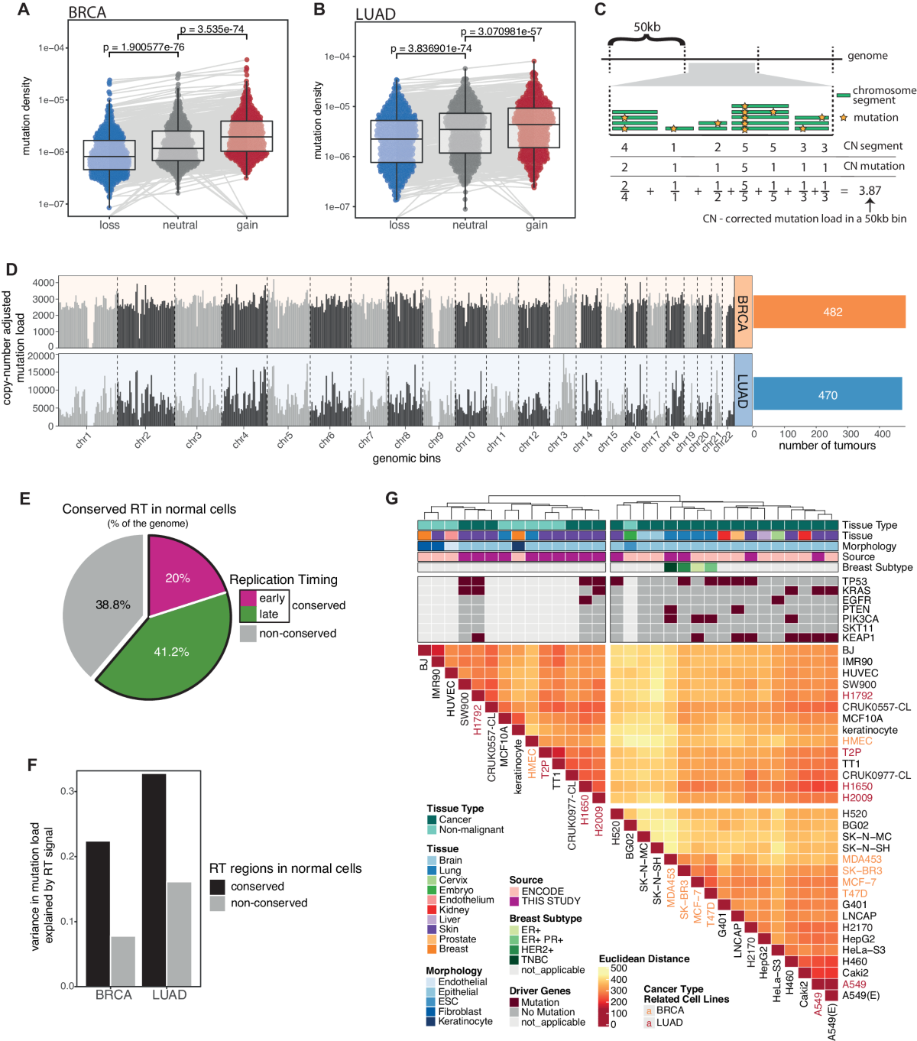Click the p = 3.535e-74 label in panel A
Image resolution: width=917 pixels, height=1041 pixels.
(x=212, y=30)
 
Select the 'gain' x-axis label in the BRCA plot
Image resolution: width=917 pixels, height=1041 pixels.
(x=247, y=225)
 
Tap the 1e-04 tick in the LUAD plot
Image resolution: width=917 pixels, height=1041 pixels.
(x=337, y=57)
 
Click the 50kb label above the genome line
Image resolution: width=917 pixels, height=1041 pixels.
(x=646, y=28)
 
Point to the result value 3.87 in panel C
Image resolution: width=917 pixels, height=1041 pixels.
(x=870, y=191)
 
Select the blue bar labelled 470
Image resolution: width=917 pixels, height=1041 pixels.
(x=828, y=395)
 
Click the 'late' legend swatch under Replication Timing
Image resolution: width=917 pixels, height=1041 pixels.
(x=248, y=614)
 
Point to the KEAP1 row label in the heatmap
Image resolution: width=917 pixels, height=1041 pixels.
(x=858, y=637)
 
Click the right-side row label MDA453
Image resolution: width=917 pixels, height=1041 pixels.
(x=862, y=859)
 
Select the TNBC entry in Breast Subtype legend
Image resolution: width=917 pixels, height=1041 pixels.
(x=534, y=960)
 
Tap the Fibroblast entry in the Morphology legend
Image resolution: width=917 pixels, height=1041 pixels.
(x=460, y=1012)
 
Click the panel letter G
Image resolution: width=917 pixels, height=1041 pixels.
(x=392, y=499)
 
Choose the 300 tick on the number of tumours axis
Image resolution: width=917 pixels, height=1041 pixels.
(x=851, y=434)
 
